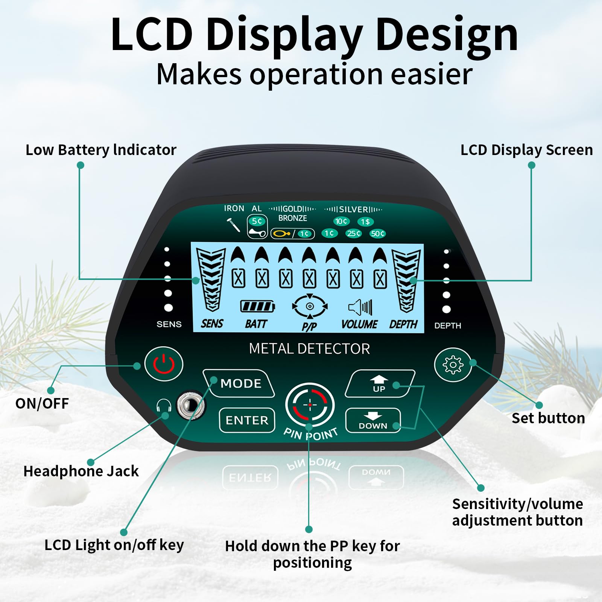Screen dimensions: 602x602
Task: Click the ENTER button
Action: (247, 420)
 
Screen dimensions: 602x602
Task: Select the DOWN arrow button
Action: (373, 420)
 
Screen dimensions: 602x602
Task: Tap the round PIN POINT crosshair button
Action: (310, 405)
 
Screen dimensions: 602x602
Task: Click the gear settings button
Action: (453, 365)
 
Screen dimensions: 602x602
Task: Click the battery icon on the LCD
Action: (257, 306)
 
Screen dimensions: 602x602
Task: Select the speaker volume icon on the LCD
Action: (360, 307)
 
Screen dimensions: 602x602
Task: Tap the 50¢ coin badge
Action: (377, 234)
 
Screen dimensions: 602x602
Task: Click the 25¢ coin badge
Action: (354, 234)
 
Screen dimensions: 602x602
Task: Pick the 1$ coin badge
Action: (365, 222)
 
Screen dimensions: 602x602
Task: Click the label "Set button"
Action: (548, 418)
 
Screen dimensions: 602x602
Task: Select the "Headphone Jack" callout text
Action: (81, 471)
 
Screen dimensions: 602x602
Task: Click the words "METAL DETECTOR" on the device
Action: (309, 349)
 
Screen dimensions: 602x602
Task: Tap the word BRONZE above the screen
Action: (292, 218)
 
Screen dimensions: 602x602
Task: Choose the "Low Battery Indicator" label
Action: (101, 150)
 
